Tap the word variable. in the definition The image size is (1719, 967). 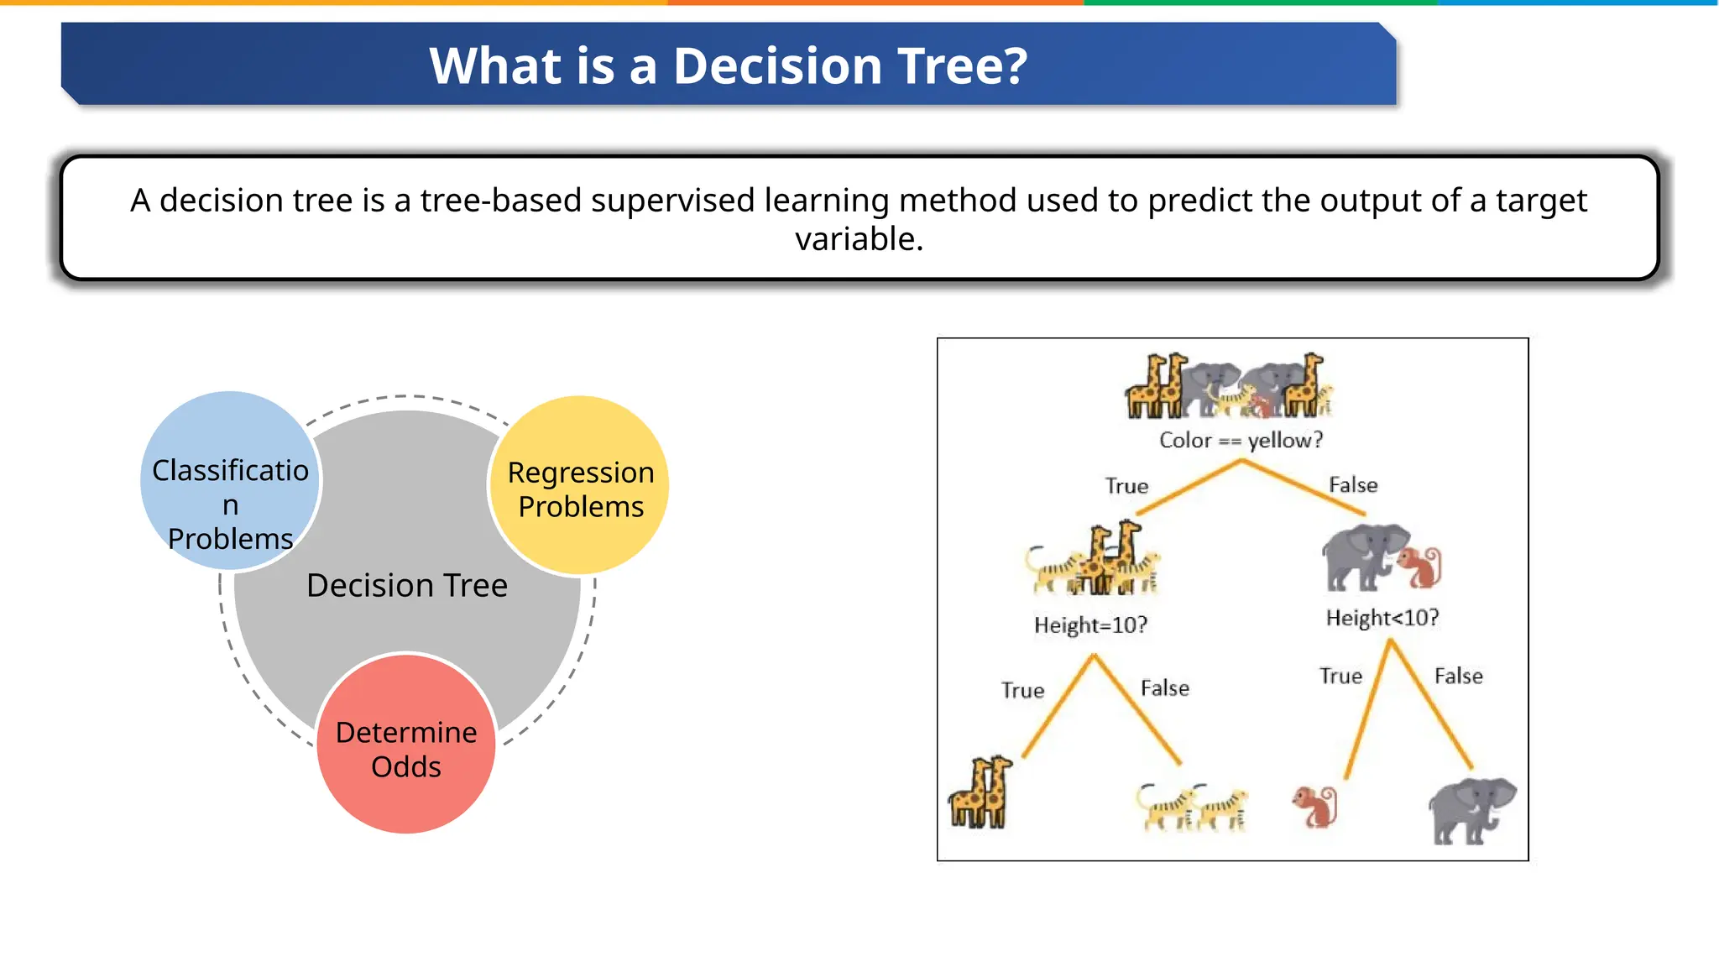point(859,239)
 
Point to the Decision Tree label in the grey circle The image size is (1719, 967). point(407,585)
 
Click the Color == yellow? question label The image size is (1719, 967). point(1241,440)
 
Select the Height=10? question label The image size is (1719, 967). point(1090,625)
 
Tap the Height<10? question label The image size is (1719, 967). point(1382,618)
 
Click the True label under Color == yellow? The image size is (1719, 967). point(1126,486)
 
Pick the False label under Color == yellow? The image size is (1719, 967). point(1353,485)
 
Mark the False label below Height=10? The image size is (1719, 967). point(1165,688)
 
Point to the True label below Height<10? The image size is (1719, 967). point(1340,677)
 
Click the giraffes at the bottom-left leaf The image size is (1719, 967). point(980,792)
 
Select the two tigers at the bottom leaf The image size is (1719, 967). point(1193,808)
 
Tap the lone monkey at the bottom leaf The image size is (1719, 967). point(1315,807)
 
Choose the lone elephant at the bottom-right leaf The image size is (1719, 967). point(1471,809)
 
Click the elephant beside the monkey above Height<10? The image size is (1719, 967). point(1361,556)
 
